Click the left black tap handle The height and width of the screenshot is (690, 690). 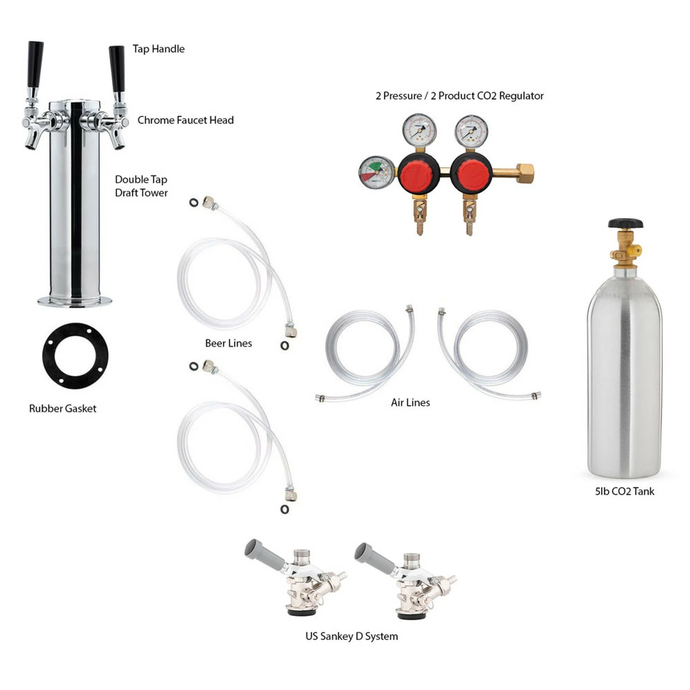click(35, 65)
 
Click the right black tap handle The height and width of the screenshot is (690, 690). click(117, 69)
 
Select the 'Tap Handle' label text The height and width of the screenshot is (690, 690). click(158, 49)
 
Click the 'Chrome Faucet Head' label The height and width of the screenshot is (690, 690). click(185, 120)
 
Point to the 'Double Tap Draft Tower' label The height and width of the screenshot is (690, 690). click(141, 186)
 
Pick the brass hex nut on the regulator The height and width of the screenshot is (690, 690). click(525, 173)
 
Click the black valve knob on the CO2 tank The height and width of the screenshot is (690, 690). click(625, 223)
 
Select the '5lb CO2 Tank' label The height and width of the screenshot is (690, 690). click(624, 491)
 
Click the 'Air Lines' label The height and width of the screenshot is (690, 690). click(410, 403)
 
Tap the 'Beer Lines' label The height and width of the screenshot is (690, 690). click(229, 343)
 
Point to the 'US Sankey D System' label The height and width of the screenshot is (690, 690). click(351, 636)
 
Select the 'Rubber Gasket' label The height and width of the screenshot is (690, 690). click(63, 408)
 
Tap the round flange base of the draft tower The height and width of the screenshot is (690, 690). click(74, 301)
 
